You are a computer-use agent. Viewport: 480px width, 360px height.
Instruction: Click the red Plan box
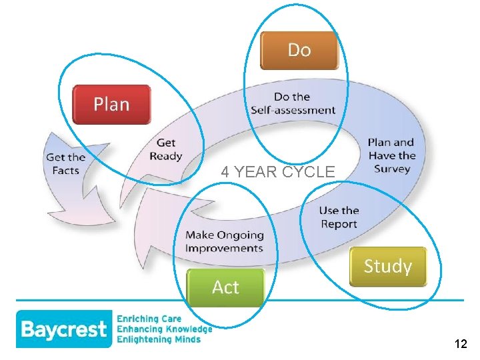click(x=111, y=104)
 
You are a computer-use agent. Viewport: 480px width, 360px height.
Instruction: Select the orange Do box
click(x=299, y=50)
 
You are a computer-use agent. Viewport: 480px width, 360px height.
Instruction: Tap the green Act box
click(x=225, y=287)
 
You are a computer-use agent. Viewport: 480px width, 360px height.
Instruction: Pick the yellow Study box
click(x=387, y=267)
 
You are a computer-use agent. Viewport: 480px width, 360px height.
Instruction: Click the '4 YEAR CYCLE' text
click(x=278, y=172)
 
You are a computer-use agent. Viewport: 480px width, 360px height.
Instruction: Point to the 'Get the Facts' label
click(x=66, y=164)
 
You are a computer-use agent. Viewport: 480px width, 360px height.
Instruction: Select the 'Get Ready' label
click(x=166, y=149)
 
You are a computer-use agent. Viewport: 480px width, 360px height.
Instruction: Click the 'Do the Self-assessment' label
click(x=293, y=104)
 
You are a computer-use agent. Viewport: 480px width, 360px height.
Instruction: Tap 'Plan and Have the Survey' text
click(x=391, y=155)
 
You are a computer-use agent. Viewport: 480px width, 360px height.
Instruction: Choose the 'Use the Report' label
click(x=339, y=217)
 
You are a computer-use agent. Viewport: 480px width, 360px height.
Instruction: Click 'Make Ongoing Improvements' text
click(x=224, y=241)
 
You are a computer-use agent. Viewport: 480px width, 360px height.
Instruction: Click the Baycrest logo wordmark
click(x=63, y=329)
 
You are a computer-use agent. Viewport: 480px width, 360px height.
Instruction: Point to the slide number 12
click(x=460, y=344)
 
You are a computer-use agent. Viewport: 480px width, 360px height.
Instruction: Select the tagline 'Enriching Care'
click(x=149, y=319)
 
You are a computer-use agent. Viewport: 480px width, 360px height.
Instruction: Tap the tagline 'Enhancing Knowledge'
click(x=164, y=329)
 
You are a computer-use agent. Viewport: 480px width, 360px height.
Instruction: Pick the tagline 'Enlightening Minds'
click(x=159, y=339)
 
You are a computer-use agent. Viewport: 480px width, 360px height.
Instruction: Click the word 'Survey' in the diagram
click(x=392, y=169)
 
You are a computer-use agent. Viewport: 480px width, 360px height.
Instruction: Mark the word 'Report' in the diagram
click(x=339, y=224)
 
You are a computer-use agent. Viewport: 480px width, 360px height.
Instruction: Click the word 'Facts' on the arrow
click(x=66, y=171)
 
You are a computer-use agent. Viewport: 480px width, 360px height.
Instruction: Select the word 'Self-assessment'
click(x=293, y=110)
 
